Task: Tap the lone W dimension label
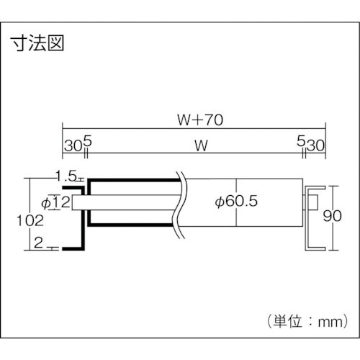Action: pos(202,145)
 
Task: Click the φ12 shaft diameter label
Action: pos(56,203)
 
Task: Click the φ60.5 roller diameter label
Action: pos(237,202)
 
